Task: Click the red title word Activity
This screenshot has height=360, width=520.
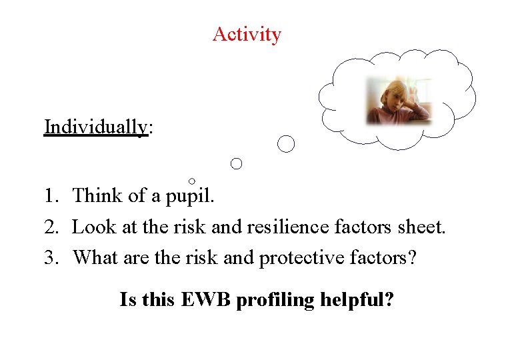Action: click(247, 34)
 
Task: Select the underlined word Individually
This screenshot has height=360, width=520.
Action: click(95, 126)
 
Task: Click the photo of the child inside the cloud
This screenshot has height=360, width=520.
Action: click(398, 101)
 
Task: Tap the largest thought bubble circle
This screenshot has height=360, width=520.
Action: click(286, 143)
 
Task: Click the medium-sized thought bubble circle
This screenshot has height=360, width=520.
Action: click(236, 163)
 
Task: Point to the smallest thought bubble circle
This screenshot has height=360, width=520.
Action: click(192, 181)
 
